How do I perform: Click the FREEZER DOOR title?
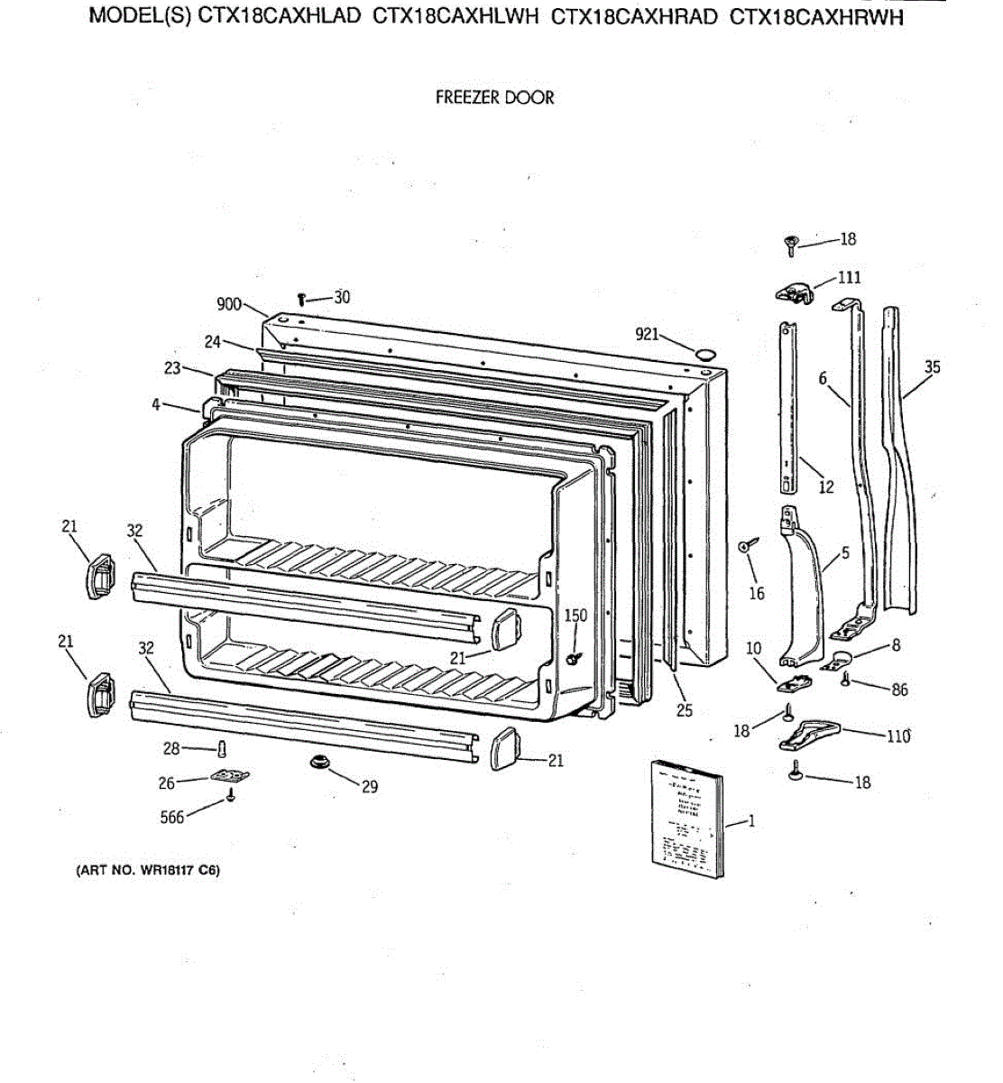click(494, 97)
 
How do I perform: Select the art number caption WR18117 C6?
click(147, 871)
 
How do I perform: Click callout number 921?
click(647, 335)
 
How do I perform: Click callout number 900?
click(229, 304)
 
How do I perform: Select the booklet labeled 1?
click(687, 817)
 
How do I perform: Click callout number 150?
click(575, 616)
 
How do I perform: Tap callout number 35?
click(932, 367)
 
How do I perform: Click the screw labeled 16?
click(747, 546)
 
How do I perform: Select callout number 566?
click(171, 818)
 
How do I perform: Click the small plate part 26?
click(230, 775)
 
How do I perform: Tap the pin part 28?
click(221, 748)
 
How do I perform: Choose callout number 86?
click(899, 690)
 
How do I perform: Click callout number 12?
click(826, 487)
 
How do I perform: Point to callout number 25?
click(685, 710)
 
